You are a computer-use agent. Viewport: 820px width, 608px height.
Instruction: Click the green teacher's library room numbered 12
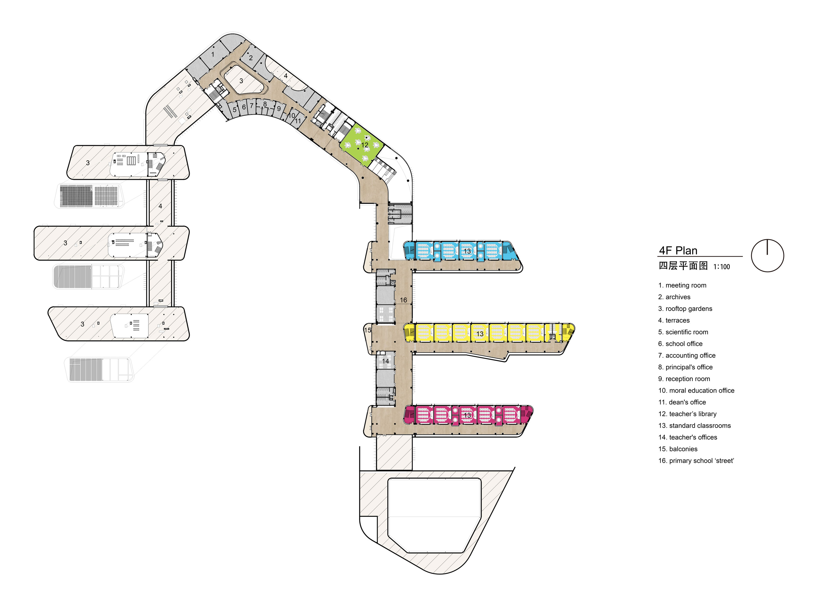(361, 145)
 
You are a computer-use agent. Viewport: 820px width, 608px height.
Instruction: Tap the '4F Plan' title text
(678, 251)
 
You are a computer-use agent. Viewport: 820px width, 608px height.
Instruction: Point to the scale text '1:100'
(722, 267)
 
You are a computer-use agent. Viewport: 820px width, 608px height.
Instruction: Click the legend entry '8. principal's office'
(685, 367)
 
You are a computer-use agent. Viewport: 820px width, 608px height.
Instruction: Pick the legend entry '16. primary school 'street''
(696, 461)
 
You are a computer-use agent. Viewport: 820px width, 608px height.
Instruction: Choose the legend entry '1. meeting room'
(682, 285)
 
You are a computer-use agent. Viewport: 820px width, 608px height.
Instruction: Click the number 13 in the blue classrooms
(467, 251)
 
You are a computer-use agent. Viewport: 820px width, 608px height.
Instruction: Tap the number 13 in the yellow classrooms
(480, 334)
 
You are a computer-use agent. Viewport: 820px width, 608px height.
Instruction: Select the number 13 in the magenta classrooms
(467, 415)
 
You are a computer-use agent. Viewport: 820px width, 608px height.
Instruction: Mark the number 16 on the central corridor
(403, 300)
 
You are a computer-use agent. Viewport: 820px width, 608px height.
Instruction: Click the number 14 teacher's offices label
(385, 361)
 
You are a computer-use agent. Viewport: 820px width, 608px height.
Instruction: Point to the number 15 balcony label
(368, 330)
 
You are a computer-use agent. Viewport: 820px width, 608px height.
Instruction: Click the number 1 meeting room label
(212, 54)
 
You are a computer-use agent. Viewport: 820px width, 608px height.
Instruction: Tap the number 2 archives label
(251, 58)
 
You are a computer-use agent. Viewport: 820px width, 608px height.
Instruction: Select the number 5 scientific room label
(235, 110)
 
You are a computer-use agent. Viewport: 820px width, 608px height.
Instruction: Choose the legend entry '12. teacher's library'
(687, 414)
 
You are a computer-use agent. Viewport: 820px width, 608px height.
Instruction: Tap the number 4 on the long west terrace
(160, 206)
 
